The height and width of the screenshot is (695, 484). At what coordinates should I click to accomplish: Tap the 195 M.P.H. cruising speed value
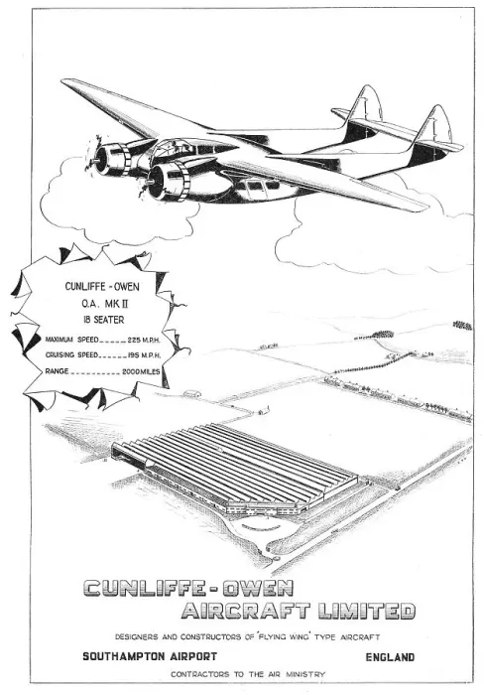point(145,355)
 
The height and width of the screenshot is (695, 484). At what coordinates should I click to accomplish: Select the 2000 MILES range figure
point(141,372)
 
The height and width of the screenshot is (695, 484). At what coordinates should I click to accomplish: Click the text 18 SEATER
point(103,320)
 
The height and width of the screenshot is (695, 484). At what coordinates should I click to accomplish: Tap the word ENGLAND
point(390,657)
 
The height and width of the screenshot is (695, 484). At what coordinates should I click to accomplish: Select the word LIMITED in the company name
point(367,611)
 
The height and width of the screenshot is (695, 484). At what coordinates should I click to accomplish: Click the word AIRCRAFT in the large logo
point(246,611)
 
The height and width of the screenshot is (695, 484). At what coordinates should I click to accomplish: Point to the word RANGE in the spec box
point(57,371)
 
